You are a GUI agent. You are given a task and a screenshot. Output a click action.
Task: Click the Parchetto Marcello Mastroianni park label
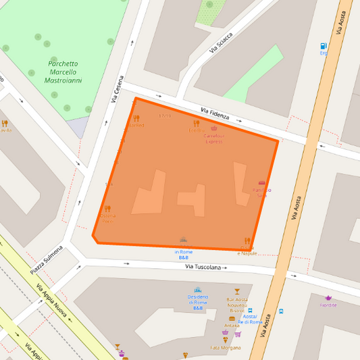(63, 72)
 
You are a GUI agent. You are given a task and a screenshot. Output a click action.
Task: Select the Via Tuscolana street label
(203, 267)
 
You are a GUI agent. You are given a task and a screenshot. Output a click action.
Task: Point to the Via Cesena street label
(118, 88)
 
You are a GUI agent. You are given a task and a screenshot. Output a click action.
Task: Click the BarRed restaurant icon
(136, 118)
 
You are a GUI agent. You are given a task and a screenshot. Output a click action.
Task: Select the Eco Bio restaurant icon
(197, 124)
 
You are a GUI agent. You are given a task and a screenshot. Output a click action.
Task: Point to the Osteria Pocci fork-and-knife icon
(107, 209)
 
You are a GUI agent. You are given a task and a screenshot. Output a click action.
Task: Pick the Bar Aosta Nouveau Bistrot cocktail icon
(237, 291)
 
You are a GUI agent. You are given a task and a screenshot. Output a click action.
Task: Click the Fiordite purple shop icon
(328, 297)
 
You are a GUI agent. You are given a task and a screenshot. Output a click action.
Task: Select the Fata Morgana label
(225, 347)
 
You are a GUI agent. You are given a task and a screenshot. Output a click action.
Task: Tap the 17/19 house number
(164, 116)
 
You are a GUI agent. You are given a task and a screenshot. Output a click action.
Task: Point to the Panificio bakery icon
(262, 183)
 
